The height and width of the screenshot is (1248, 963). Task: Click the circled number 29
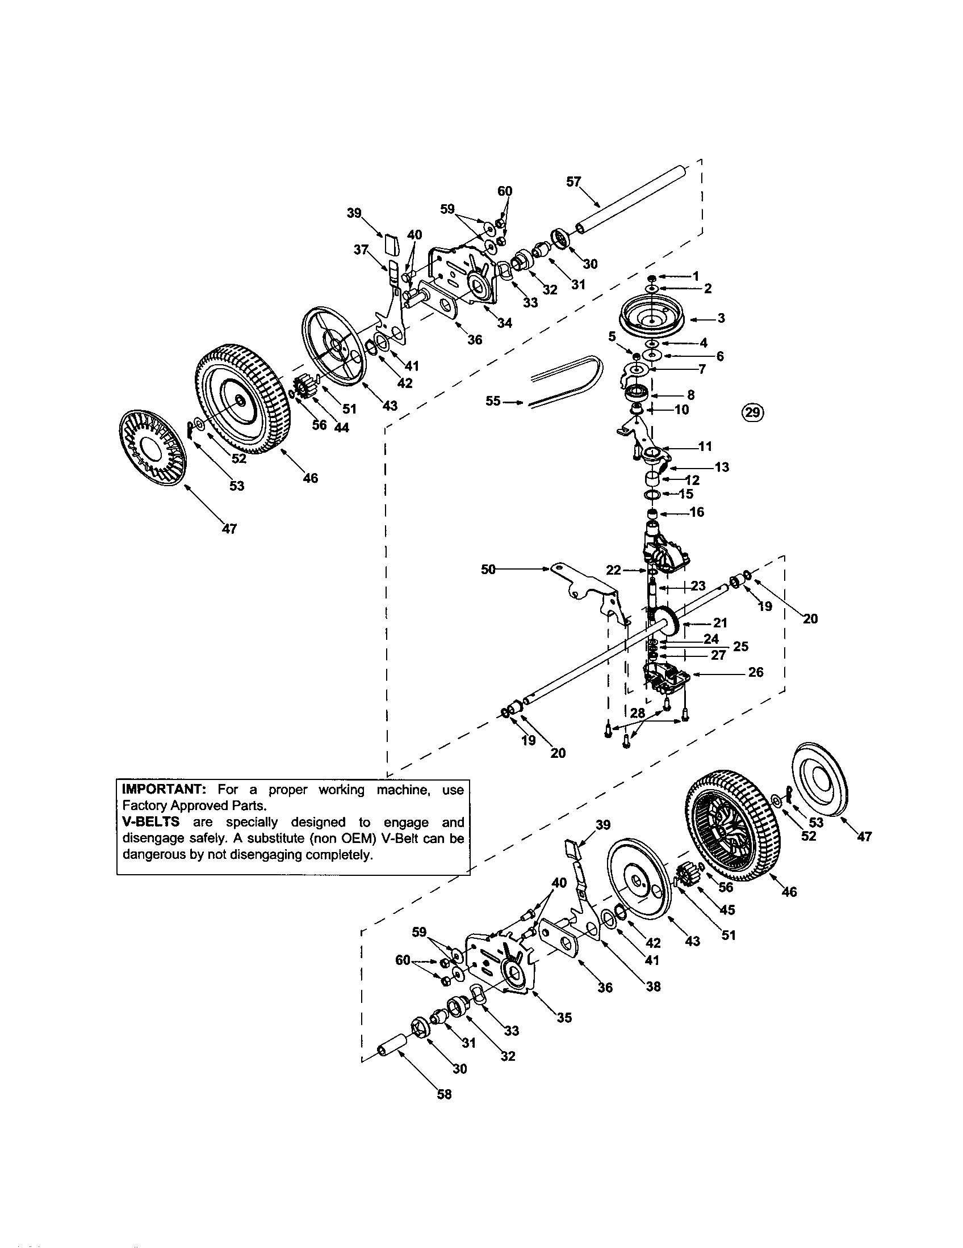(x=753, y=412)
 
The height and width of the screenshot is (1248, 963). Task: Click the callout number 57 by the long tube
(x=573, y=182)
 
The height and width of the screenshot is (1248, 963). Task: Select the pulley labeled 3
(x=652, y=319)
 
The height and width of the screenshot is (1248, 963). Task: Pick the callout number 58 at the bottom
(x=444, y=1094)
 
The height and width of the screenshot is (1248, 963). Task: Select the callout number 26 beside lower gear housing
(x=755, y=672)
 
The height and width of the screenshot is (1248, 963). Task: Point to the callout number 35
(x=564, y=1017)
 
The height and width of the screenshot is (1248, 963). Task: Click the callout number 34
(x=504, y=323)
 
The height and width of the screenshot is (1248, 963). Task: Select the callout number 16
(x=697, y=512)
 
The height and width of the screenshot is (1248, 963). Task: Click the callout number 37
(x=360, y=250)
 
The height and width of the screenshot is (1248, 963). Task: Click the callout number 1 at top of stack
(x=696, y=276)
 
